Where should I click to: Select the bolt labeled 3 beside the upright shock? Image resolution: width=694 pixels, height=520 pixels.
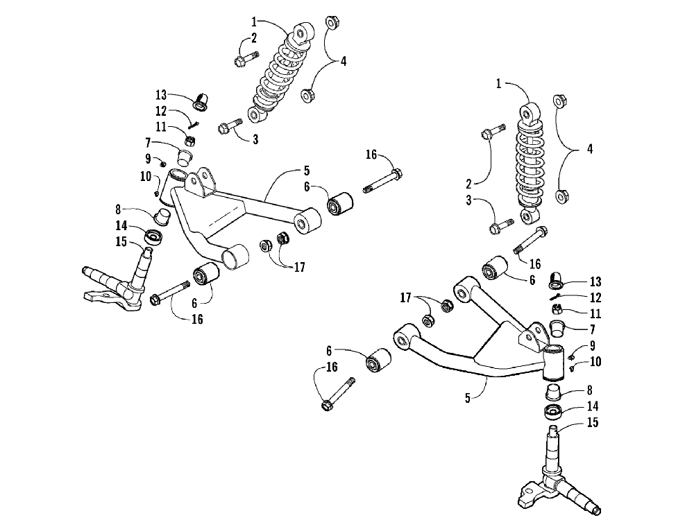point(501,225)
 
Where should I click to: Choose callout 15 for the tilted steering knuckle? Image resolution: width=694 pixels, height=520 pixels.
point(121,241)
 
